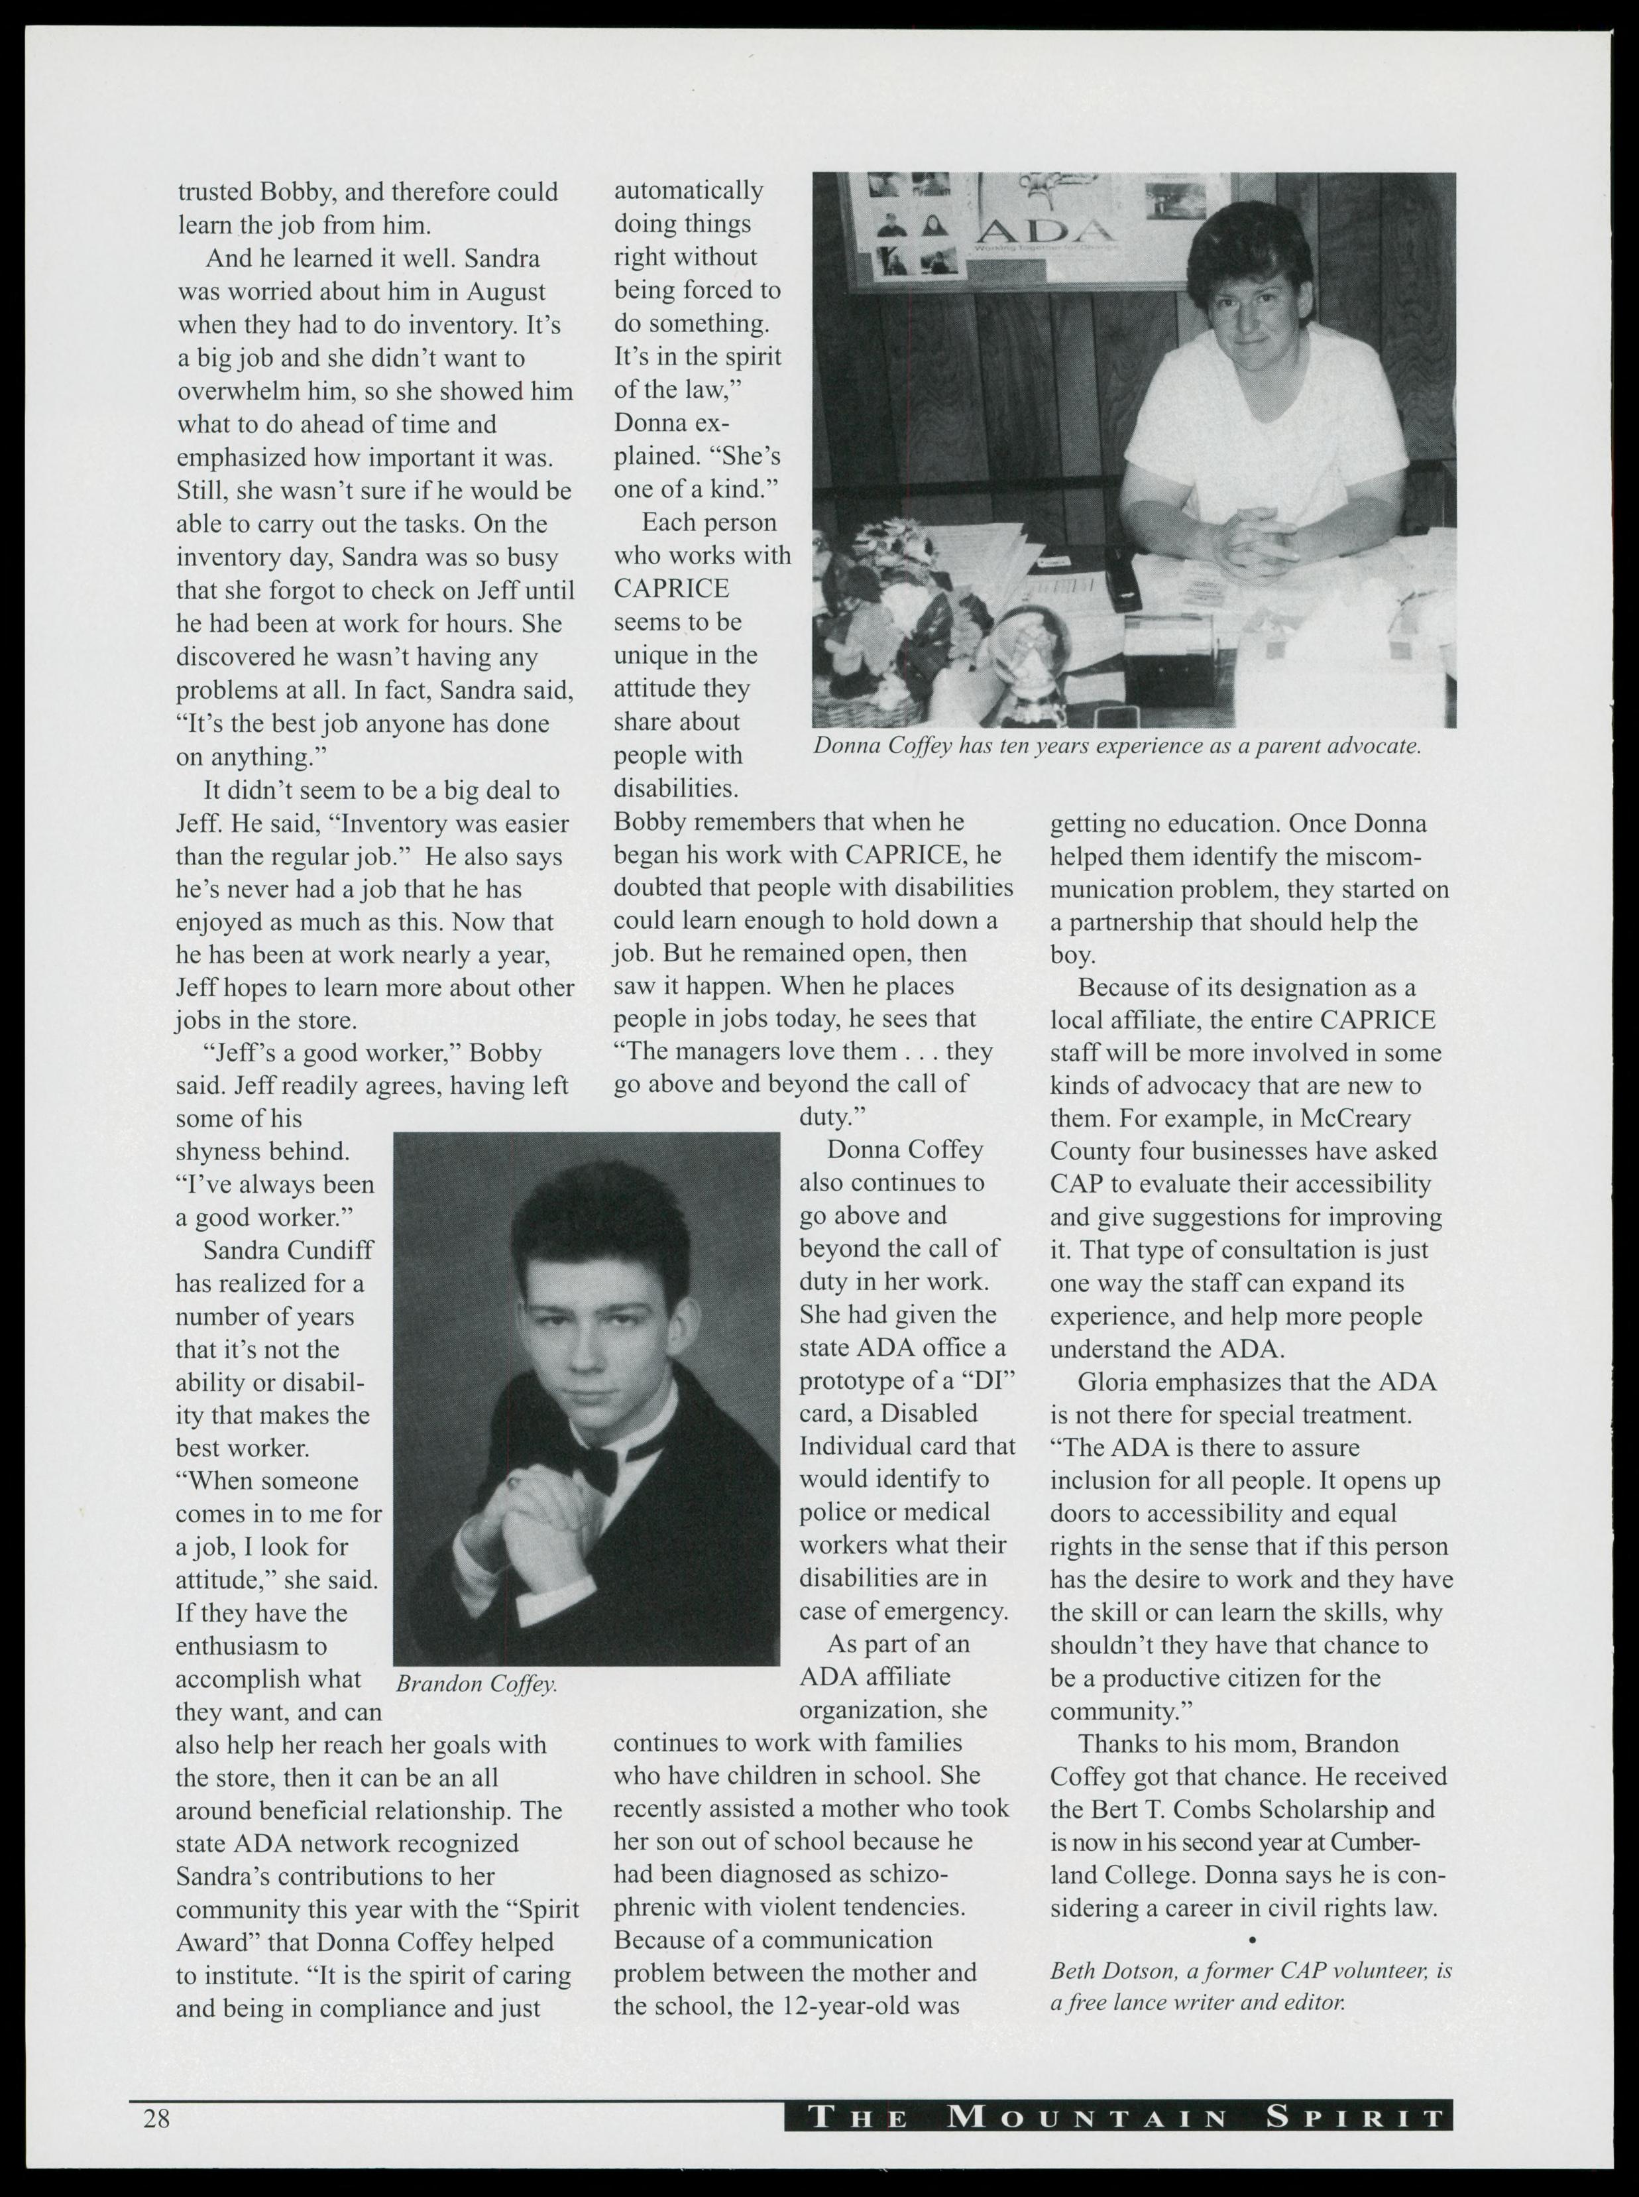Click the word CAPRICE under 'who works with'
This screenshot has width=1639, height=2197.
(x=671, y=589)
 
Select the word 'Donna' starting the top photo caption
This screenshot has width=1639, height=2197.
(x=845, y=746)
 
